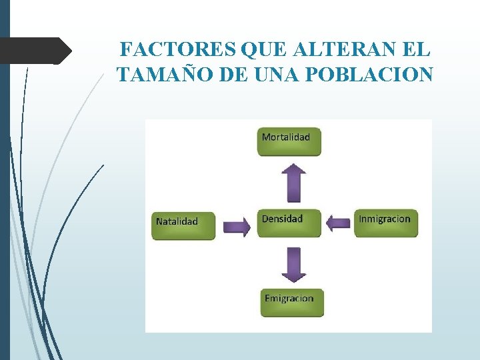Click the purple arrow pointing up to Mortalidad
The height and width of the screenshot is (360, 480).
pos(293,182)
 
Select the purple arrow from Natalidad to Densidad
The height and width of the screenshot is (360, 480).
pos(237,226)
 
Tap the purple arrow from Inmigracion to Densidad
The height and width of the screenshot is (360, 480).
pos(339,223)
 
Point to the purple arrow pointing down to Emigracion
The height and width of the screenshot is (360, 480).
pos(293,264)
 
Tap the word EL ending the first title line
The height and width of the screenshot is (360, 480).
pos(417,50)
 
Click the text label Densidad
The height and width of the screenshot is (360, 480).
pos(282,219)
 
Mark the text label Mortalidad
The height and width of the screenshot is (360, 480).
pos(286,137)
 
